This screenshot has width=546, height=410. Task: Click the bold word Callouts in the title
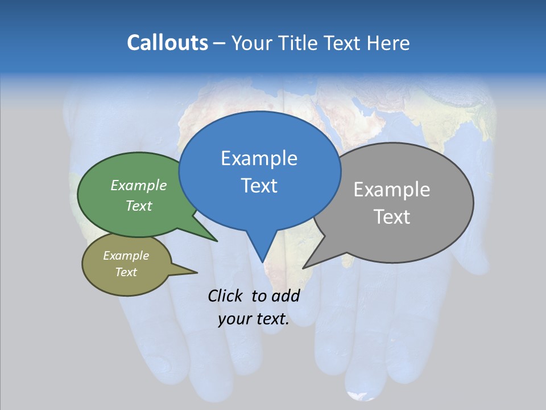pyautogui.click(x=167, y=43)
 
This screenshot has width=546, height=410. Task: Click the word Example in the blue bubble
pyautogui.click(x=259, y=158)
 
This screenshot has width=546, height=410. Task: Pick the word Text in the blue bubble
pyautogui.click(x=259, y=186)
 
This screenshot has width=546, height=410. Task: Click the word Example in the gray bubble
pyautogui.click(x=392, y=190)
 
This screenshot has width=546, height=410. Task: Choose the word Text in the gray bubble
pyautogui.click(x=392, y=217)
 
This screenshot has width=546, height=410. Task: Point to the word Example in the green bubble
pyautogui.click(x=139, y=185)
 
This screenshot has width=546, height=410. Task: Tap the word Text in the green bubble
pyautogui.click(x=139, y=206)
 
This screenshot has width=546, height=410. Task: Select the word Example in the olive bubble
pyautogui.click(x=126, y=256)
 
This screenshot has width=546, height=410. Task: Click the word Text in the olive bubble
pyautogui.click(x=126, y=272)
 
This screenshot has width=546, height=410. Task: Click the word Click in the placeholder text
pyautogui.click(x=226, y=296)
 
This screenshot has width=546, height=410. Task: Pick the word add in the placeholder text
pyautogui.click(x=286, y=296)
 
